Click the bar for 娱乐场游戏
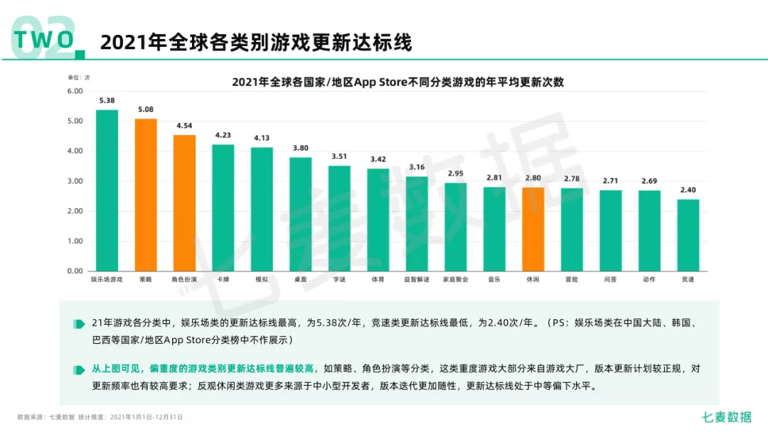[107, 190]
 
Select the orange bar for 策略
[146, 195]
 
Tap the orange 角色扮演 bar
[184, 203]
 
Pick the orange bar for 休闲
[533, 229]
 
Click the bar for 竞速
[688, 235]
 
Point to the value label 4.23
[223, 135]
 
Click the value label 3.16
[417, 167]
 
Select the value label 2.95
[455, 173]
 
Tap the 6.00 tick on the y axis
[75, 91]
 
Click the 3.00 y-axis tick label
[75, 181]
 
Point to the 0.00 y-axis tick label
[75, 271]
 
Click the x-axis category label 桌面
[300, 280]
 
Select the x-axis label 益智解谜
[417, 280]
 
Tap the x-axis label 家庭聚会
[455, 280]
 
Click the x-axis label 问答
[610, 280]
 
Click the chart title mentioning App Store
[398, 82]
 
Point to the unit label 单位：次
[79, 77]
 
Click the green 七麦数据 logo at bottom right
[726, 417]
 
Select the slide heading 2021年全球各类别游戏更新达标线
[256, 42]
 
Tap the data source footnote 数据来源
[100, 417]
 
